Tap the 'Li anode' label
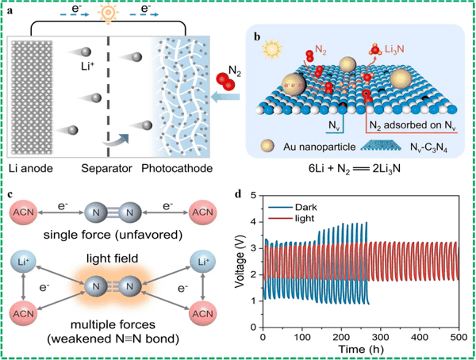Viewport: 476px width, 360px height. tap(31, 168)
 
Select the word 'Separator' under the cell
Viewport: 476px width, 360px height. tap(106, 168)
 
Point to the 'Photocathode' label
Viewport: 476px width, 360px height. tap(177, 168)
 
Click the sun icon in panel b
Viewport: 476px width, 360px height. tap(272, 49)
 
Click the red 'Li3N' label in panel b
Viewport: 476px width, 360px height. tap(394, 49)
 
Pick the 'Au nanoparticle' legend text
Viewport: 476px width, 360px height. tap(320, 147)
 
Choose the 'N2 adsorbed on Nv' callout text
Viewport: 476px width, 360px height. tap(413, 125)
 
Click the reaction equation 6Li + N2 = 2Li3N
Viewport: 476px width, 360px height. tap(355, 168)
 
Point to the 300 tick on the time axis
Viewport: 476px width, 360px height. tap(380, 337)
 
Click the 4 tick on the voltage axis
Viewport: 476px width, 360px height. tap(252, 222)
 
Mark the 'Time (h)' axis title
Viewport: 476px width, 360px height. tap(361, 350)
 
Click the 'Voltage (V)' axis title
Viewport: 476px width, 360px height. tap(240, 262)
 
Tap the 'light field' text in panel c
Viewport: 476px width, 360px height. tap(113, 259)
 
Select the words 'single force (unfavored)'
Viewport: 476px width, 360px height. tap(113, 235)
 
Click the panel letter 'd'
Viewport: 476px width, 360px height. tap(239, 193)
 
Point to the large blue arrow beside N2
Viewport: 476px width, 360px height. tap(225, 98)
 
